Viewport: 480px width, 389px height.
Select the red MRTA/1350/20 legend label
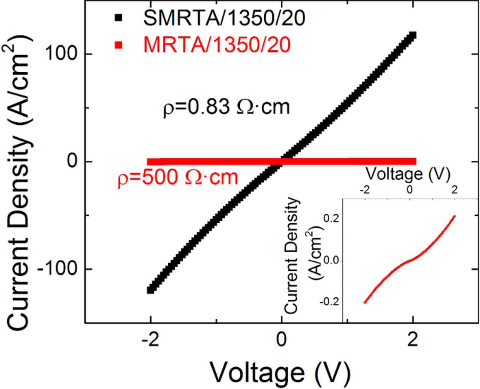[x=216, y=46]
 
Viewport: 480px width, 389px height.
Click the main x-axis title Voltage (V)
[x=280, y=373]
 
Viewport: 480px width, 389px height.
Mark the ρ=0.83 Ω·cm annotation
[x=226, y=108]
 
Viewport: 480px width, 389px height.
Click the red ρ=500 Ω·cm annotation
[x=178, y=176]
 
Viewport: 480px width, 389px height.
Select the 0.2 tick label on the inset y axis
[x=330, y=218]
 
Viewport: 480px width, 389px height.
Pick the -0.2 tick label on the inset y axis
[x=329, y=302]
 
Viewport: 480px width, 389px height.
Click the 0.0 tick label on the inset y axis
[x=330, y=260]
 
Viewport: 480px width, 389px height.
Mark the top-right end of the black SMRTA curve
[x=413, y=35]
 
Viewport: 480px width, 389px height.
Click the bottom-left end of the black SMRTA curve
[x=151, y=290]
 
